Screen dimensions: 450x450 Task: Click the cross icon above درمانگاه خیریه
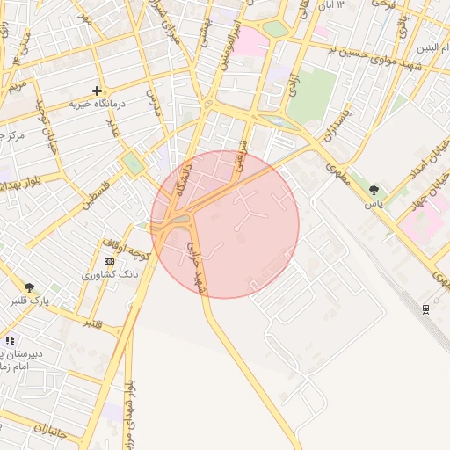(x=97, y=90)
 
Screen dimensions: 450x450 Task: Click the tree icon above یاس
(x=375, y=190)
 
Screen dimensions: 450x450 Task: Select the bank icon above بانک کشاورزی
(x=109, y=261)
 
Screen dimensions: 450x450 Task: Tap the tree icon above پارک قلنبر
(x=30, y=287)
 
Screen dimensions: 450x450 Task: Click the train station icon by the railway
(x=425, y=308)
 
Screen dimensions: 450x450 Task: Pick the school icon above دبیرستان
(x=10, y=339)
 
